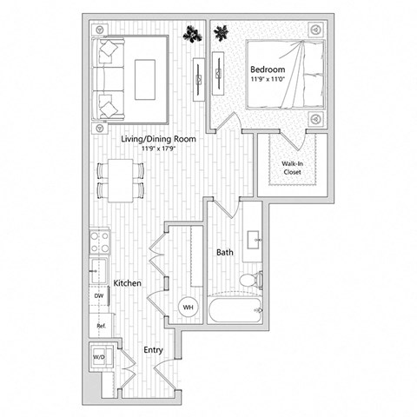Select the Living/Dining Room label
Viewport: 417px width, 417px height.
[x=156, y=138]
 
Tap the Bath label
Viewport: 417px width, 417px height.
[x=224, y=253]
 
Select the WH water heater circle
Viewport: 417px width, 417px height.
[x=188, y=307]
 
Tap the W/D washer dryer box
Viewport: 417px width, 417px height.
[x=99, y=357]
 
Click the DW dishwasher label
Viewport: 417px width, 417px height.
[x=98, y=295]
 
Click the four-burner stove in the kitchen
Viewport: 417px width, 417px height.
[x=99, y=240]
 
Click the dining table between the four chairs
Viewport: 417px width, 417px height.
[x=118, y=180]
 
